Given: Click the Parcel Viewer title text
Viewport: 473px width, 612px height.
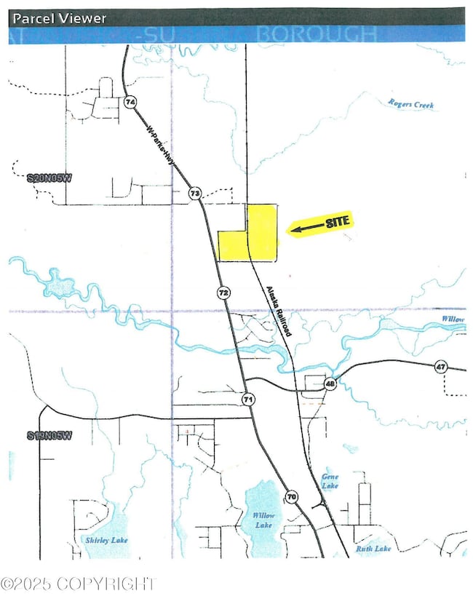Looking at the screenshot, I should pyautogui.click(x=60, y=18).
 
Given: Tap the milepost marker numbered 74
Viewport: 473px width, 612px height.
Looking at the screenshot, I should pyautogui.click(x=130, y=103).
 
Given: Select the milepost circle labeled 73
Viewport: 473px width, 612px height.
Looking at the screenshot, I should pyautogui.click(x=194, y=193).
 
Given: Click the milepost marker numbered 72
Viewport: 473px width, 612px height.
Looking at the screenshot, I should pyautogui.click(x=223, y=292).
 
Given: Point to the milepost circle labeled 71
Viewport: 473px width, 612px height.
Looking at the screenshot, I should pyautogui.click(x=248, y=400).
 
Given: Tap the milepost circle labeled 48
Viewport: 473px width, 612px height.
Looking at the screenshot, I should pyautogui.click(x=330, y=384).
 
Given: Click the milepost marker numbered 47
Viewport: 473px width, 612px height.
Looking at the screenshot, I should pyautogui.click(x=440, y=366).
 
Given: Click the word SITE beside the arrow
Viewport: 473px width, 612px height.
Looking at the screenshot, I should pyautogui.click(x=335, y=220).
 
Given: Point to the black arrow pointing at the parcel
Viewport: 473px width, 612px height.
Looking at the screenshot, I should pyautogui.click(x=305, y=228).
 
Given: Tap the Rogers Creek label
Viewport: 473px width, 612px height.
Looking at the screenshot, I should pyautogui.click(x=410, y=105).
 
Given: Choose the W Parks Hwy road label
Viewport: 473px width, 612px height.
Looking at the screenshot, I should pyautogui.click(x=162, y=146).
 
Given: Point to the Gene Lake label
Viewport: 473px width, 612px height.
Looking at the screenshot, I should pyautogui.click(x=330, y=481).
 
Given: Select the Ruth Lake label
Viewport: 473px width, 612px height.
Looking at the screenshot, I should pyautogui.click(x=374, y=549).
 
